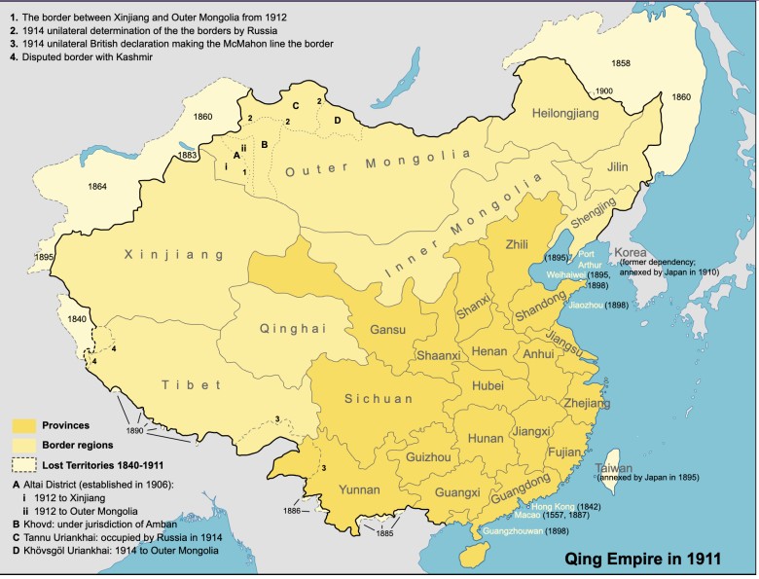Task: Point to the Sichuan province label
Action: pyautogui.click(x=379, y=398)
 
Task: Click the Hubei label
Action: pyautogui.click(x=488, y=386)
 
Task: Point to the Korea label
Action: pyautogui.click(x=633, y=254)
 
